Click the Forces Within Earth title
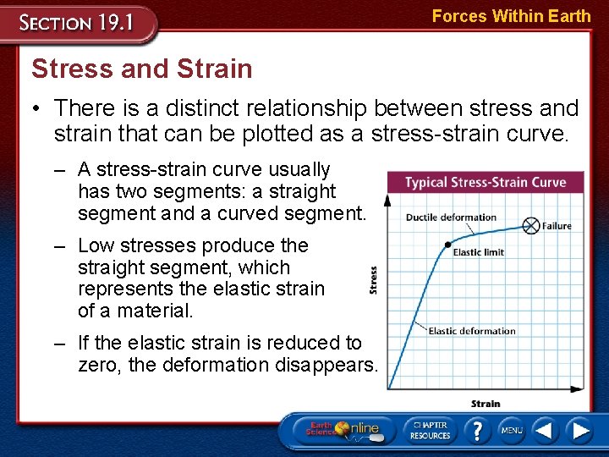pos(511,15)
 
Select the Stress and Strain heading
pos(141,69)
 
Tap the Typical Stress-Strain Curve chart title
pos(485,183)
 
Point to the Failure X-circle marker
pos(530,225)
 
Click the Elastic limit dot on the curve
pos(448,245)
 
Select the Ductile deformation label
pos(451,217)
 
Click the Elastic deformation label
pos(471,331)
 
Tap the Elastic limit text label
pos(478,252)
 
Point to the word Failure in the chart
pos(557,226)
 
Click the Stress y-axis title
pos(374,280)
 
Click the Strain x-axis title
pos(486,404)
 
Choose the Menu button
pos(511,431)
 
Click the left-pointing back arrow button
pos(545,431)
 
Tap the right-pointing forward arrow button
pos(580,431)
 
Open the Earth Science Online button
pos(342,430)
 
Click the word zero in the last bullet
pos(99,366)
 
